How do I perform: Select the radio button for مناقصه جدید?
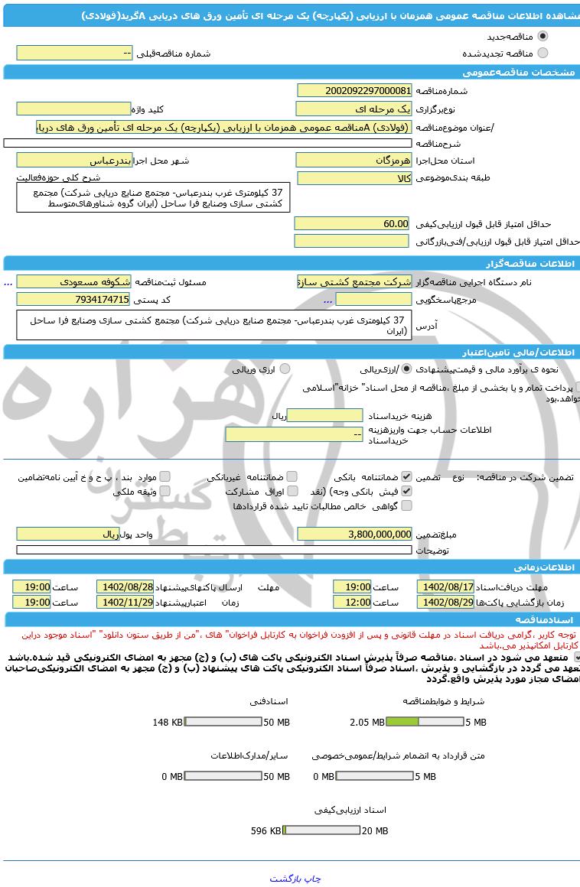coord(543,36)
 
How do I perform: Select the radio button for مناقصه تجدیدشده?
coord(543,53)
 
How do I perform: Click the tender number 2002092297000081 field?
coord(354,91)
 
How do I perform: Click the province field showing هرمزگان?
coord(354,161)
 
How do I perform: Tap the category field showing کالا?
coord(354,178)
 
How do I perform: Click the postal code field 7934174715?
coord(73,299)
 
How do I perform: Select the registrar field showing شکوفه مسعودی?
coord(73,281)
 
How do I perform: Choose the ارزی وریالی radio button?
coord(285,369)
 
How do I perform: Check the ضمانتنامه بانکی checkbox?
coord(406,476)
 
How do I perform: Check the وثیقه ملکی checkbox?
coord(165,491)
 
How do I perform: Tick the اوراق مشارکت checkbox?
coord(292,491)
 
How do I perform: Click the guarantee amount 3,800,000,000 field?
coord(354,534)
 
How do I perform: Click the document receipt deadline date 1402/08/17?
coord(445,586)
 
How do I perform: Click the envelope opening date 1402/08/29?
coord(445,602)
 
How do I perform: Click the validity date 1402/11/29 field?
coord(125,602)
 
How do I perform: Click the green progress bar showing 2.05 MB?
coord(402,722)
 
